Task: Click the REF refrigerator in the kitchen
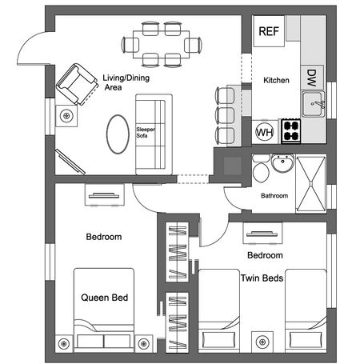click(x=269, y=31)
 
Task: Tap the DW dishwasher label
click(x=311, y=78)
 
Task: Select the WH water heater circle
click(x=265, y=132)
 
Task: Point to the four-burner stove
click(x=291, y=131)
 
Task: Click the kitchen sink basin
click(x=312, y=104)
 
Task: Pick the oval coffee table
click(x=118, y=134)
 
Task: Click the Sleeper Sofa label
click(x=146, y=132)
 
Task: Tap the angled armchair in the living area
click(x=77, y=84)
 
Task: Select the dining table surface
click(x=162, y=45)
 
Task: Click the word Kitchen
click(x=276, y=80)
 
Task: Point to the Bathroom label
click(x=274, y=196)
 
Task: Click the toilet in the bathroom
click(x=261, y=168)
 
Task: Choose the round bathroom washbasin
click(x=282, y=163)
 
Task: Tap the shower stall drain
click(x=311, y=183)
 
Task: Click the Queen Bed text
click(x=105, y=298)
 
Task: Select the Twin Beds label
click(x=262, y=278)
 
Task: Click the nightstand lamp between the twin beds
click(x=262, y=342)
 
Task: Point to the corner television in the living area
click(x=70, y=162)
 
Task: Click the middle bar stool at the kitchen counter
click(x=225, y=115)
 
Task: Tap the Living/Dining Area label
click(x=126, y=82)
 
